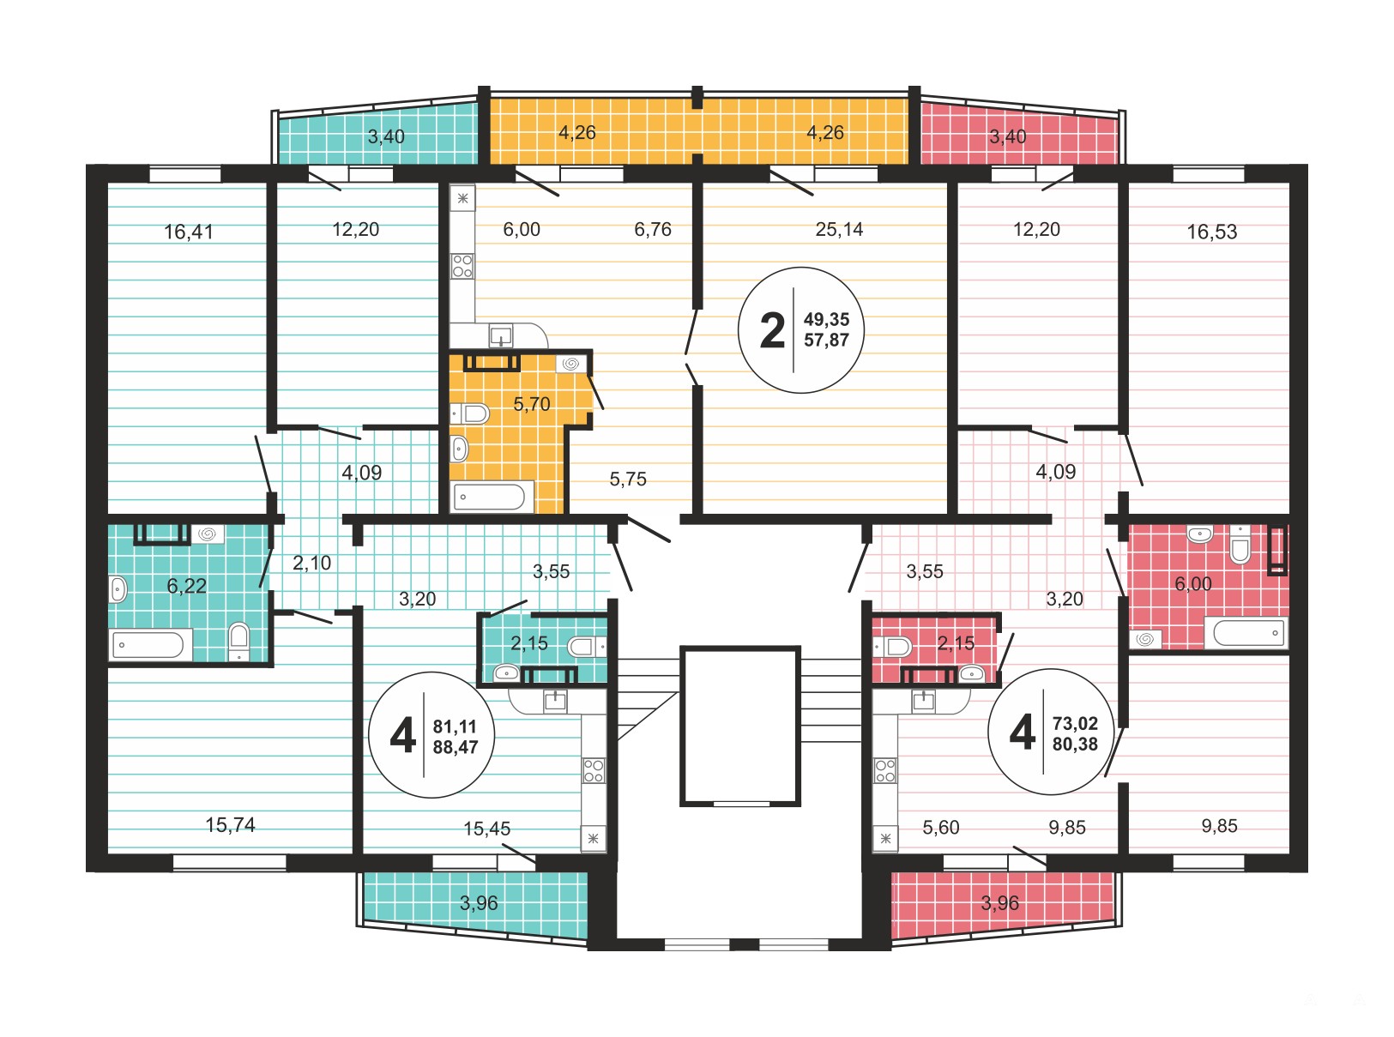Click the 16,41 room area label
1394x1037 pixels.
pos(189,232)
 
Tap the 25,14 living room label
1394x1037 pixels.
pos(839,229)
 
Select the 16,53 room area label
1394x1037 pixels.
pos(1212,232)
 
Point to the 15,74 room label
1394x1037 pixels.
pos(231,825)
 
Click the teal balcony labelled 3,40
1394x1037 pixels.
pos(377,136)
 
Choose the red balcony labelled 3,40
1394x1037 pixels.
pos(1019,136)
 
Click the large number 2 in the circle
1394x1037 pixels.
pos(772,330)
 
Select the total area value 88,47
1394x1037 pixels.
pos(456,747)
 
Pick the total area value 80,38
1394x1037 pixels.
pos(1076,745)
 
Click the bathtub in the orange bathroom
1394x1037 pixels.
pos(490,497)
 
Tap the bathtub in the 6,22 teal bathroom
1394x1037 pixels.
pos(148,645)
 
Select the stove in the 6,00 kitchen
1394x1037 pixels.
pos(462,266)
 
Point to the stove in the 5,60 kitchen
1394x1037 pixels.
pos(885,770)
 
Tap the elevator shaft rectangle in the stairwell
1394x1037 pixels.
pos(740,726)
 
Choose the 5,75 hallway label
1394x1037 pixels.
pos(627,479)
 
